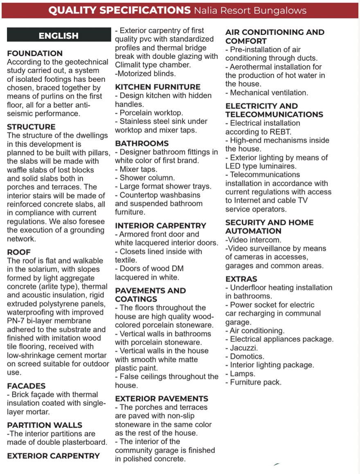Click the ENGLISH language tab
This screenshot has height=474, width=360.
click(x=59, y=36)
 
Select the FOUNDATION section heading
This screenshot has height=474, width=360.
click(x=35, y=53)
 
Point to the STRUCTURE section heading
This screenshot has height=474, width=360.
click(x=32, y=127)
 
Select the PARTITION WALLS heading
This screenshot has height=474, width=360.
click(x=45, y=425)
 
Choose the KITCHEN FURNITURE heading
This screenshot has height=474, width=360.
click(x=157, y=87)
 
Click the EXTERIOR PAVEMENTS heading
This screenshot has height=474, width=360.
click(x=162, y=399)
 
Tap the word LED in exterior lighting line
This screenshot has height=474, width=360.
click(x=233, y=166)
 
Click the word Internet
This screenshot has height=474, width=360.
click(x=251, y=201)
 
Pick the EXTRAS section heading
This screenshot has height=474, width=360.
click(x=241, y=279)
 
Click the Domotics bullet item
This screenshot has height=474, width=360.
click(x=247, y=357)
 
